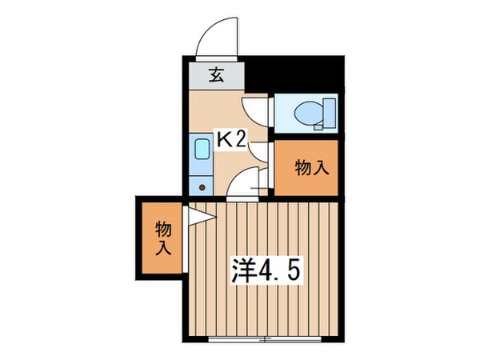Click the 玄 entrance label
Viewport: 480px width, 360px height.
[216, 76]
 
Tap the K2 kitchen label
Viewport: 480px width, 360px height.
[232, 138]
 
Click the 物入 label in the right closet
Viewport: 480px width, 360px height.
[312, 169]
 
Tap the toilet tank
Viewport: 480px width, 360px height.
[328, 114]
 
